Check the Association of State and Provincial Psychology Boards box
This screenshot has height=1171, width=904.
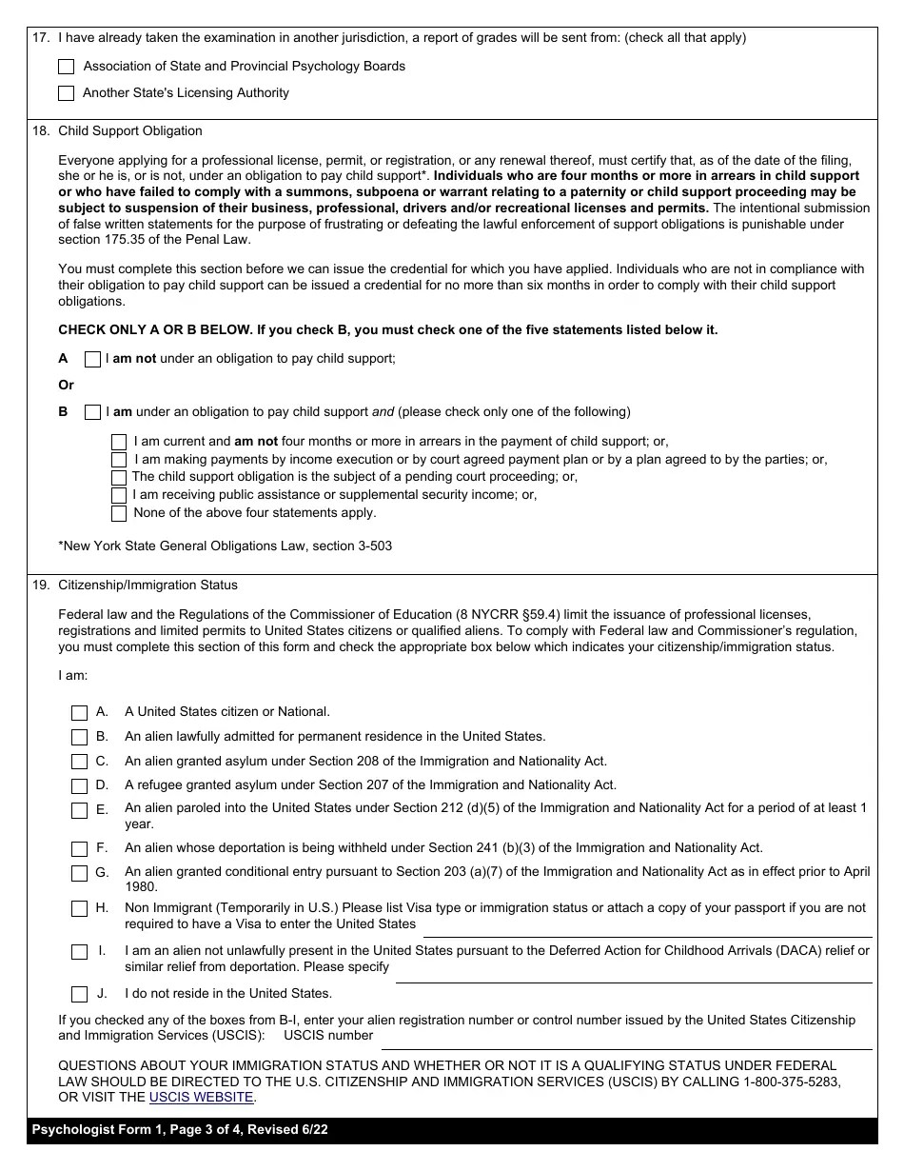pyautogui.click(x=66, y=67)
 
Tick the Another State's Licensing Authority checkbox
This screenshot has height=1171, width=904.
pyautogui.click(x=66, y=93)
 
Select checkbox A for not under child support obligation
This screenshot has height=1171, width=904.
pyautogui.click(x=92, y=359)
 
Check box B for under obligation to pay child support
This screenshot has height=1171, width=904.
pyautogui.click(x=92, y=412)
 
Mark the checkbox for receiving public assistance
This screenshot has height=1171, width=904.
pyautogui.click(x=119, y=495)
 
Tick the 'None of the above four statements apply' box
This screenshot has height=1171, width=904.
pyautogui.click(x=119, y=513)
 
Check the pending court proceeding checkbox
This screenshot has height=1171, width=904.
pyautogui.click(x=119, y=477)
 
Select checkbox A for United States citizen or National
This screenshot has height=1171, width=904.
pyautogui.click(x=80, y=712)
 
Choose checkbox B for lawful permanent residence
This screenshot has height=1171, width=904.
pyautogui.click(x=80, y=737)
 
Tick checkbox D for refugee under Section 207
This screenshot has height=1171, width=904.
pyautogui.click(x=80, y=786)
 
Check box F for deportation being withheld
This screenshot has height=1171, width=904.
pyautogui.click(x=80, y=848)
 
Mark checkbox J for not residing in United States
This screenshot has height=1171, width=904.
pyautogui.click(x=80, y=994)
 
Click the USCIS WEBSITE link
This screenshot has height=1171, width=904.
pyautogui.click(x=201, y=1097)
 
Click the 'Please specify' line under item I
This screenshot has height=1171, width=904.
pyautogui.click(x=633, y=973)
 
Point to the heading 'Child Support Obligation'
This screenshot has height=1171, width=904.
pyautogui.click(x=130, y=130)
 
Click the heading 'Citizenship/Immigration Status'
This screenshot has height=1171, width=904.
pyautogui.click(x=147, y=585)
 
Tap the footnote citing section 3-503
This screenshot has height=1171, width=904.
pyautogui.click(x=226, y=546)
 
